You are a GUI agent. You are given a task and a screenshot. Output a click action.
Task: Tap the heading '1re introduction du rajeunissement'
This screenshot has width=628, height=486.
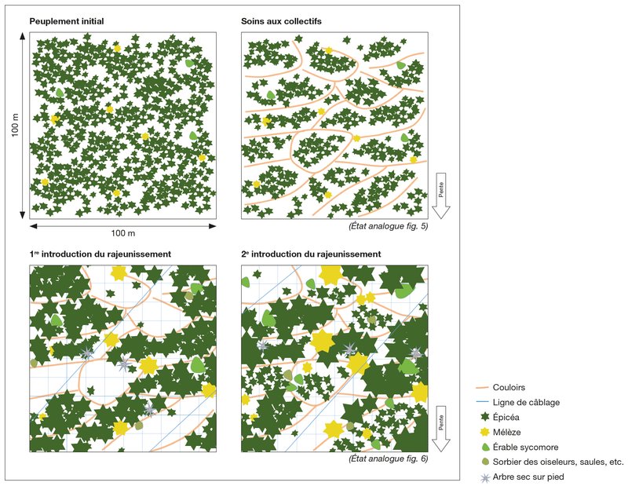pyautogui.click(x=100, y=254)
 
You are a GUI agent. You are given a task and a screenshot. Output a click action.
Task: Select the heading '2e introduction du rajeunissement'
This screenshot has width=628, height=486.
pyautogui.click(x=311, y=254)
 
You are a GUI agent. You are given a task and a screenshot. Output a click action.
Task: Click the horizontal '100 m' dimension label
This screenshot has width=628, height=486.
pyautogui.click(x=122, y=234)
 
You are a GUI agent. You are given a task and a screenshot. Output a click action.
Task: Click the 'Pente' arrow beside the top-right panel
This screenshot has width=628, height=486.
pyautogui.click(x=441, y=195)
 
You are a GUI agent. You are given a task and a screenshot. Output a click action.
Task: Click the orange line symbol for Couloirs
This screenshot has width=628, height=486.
pyautogui.click(x=484, y=387)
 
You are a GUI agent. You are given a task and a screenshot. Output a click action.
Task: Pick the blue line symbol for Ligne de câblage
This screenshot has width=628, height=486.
pyautogui.click(x=484, y=402)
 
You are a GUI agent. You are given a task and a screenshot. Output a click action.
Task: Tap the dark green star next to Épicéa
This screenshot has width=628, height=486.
pyautogui.click(x=484, y=417)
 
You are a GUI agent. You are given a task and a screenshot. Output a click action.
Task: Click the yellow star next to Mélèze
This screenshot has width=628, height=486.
pyautogui.click(x=484, y=432)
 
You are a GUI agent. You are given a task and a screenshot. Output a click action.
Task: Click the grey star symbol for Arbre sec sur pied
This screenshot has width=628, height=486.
pyautogui.click(x=484, y=477)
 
